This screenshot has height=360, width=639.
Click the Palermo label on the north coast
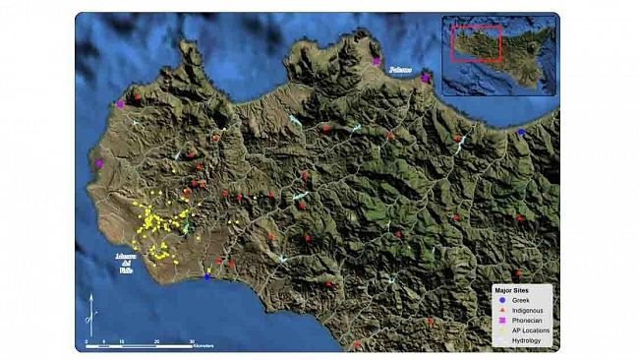pyautogui.click(x=398, y=70)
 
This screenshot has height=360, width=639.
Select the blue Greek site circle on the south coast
pyautogui.click(x=207, y=276)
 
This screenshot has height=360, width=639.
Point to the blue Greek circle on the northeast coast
pyautogui.click(x=521, y=132)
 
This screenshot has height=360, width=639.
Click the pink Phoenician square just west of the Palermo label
pyautogui.click(x=376, y=62)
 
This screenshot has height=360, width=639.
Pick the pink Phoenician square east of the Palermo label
pyautogui.click(x=425, y=78)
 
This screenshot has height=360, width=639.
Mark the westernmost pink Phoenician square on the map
pyautogui.click(x=99, y=164)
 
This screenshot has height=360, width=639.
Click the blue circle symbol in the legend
pyautogui.click(x=501, y=301)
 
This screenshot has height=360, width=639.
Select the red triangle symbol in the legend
pyautogui.click(x=501, y=311)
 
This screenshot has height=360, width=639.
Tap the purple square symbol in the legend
pyautogui.click(x=501, y=321)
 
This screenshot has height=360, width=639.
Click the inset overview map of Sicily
pyautogui.click(x=496, y=53)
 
